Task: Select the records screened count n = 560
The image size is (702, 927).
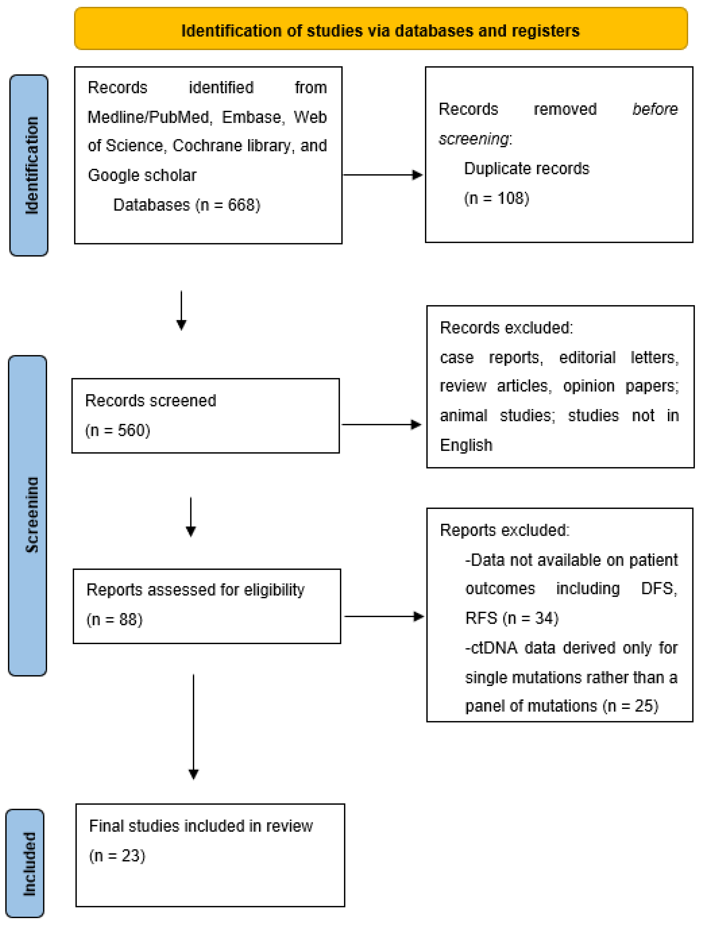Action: [118, 430]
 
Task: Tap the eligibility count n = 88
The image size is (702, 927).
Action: [114, 619]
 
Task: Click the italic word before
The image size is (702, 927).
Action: [655, 109]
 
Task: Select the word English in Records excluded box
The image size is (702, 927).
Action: [466, 445]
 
